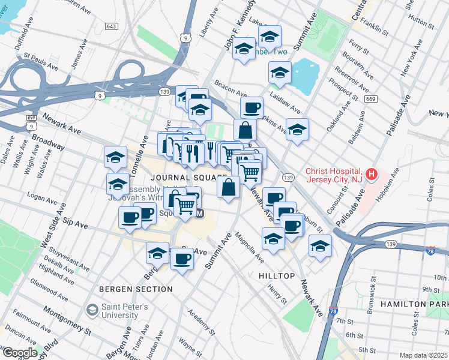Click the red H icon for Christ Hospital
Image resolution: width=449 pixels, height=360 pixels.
[372, 175]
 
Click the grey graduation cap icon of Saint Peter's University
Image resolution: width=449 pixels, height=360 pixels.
[92, 310]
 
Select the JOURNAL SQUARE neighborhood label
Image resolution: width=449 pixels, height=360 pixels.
[188, 178]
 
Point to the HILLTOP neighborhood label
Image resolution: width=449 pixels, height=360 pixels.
[277, 275]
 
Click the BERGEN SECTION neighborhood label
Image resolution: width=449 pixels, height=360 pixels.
[137, 289]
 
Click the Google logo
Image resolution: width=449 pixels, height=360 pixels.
[19, 352]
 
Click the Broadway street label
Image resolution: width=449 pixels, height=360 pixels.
[48, 142]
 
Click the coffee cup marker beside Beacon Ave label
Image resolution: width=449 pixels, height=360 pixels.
[252, 109]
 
